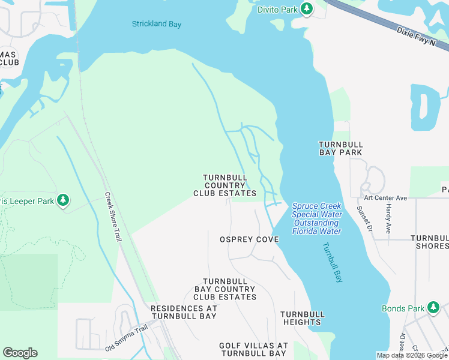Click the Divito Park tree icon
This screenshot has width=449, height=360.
(307, 8)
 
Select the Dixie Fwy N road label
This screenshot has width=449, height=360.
(414, 38)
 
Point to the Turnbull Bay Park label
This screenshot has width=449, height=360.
(340, 149)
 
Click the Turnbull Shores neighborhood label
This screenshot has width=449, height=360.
(429, 242)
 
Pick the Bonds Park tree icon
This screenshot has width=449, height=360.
(433, 308)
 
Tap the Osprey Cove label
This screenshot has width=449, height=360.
(249, 239)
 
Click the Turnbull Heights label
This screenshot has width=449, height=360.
(303, 318)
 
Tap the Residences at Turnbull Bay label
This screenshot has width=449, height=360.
(184, 312)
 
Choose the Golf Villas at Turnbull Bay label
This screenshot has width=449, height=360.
(253, 350)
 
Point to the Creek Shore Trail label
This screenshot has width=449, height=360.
(113, 217)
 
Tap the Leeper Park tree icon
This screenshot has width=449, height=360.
(64, 200)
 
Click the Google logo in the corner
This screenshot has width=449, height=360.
(20, 353)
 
